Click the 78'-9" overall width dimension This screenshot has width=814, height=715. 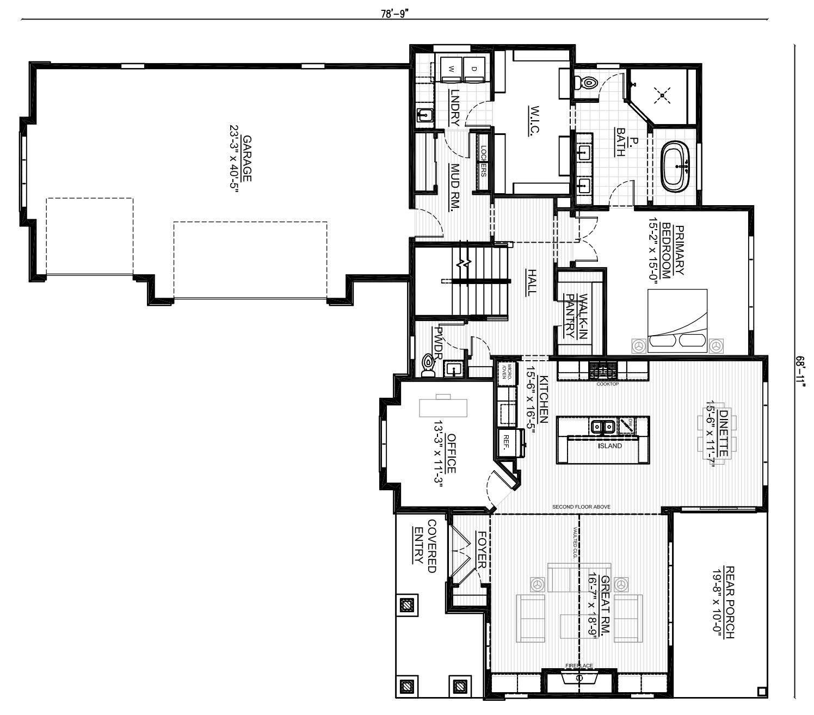pos(394,14)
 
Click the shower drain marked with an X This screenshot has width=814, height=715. pos(662,96)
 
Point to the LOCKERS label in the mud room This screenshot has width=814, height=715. pos(483,161)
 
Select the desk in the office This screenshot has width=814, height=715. pos(443,406)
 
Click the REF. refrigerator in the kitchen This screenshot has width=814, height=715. pos(507,443)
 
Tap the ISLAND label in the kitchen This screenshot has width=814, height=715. pos(610,446)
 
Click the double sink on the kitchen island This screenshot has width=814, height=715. pos(603,427)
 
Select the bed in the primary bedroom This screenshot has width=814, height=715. pos(677,321)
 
